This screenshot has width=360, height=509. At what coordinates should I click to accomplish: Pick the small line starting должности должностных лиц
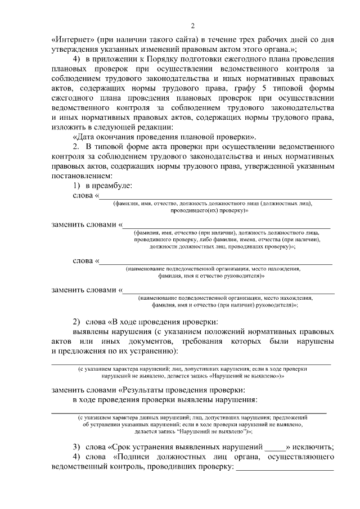click(x=222, y=246)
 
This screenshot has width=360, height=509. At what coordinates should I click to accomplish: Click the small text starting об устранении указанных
click(x=192, y=425)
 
